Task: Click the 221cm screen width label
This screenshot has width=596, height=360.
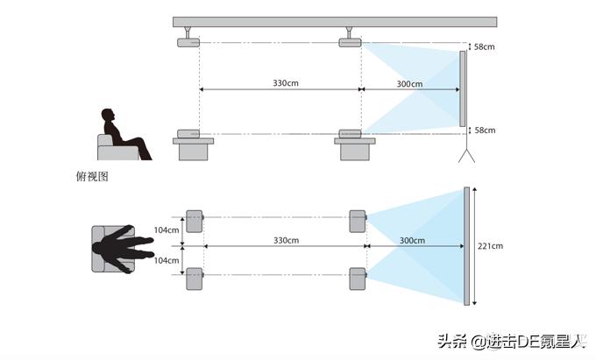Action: tap(491, 246)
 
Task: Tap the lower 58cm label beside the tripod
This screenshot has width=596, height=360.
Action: tap(484, 131)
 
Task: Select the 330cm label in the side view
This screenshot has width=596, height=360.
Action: tap(286, 83)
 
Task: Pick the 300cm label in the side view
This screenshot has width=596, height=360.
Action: tap(409, 84)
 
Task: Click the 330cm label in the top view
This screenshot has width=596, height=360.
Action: tap(286, 240)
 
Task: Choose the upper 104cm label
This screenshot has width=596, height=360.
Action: tap(167, 229)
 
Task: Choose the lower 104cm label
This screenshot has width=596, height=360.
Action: tap(167, 261)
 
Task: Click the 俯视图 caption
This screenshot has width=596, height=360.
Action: tap(92, 176)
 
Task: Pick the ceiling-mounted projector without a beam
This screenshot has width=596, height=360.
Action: tap(188, 42)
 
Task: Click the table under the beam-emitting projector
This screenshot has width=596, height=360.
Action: tap(355, 149)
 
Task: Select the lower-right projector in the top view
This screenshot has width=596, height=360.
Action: tap(357, 279)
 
